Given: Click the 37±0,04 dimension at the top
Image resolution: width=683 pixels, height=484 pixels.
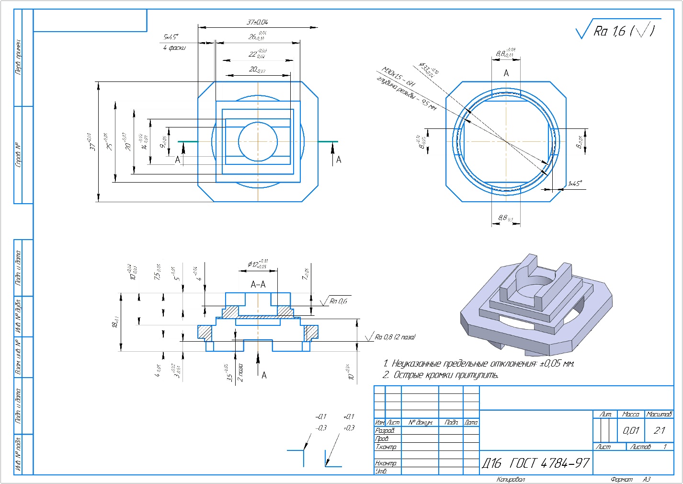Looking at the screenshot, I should coord(257,22).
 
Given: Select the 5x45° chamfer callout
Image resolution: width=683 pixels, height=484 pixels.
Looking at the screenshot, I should coord(171,37).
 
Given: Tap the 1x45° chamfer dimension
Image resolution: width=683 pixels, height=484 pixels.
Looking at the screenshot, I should coord(574,184).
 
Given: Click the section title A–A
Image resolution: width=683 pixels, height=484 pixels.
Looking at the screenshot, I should coord(258,285).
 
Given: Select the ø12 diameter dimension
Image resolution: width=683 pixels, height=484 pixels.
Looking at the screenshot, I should coord(258,264).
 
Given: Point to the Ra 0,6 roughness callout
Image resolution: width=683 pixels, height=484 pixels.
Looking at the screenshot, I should coord(338,301).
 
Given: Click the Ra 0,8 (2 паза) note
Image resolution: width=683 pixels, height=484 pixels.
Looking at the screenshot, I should coord(395,337).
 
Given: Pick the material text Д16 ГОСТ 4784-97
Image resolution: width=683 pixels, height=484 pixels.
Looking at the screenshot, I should coord(535,463).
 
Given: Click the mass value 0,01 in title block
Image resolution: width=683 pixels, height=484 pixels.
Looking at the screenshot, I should coord(631,430).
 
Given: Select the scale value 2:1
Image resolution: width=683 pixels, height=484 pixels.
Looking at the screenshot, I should coord(659,430).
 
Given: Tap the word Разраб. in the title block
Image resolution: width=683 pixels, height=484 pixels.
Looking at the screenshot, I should coord(385,431).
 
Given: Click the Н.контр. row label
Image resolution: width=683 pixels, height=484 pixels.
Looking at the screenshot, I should coord(386,463).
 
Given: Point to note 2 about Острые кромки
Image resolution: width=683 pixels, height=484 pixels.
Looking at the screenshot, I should coord(440,375).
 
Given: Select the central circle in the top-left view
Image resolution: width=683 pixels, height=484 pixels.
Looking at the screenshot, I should coord(258,141).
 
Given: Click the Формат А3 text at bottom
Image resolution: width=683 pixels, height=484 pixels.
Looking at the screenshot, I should coord(630,479).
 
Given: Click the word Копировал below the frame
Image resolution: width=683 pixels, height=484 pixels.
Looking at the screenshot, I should coord(511,479).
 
